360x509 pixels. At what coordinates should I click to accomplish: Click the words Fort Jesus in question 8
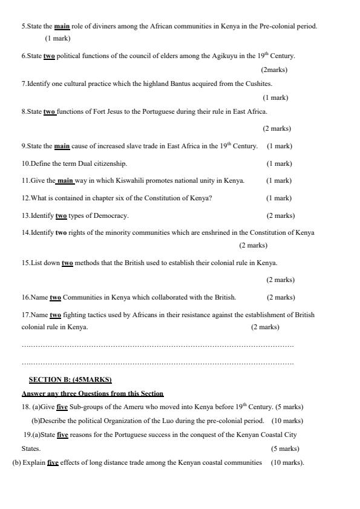click(x=107, y=111)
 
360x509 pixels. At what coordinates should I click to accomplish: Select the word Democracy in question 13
click(x=112, y=215)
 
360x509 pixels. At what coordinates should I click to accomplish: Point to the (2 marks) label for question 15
click(x=280, y=280)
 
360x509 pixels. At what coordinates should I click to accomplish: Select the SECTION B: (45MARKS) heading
click(x=70, y=379)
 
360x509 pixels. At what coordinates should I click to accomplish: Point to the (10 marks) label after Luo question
click(x=287, y=421)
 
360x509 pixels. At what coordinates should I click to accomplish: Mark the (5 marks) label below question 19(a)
click(x=285, y=448)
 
